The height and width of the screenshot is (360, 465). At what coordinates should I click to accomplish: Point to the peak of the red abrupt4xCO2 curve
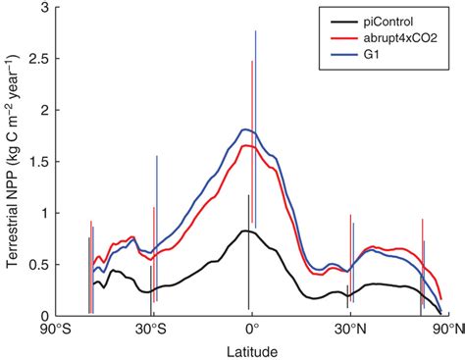[x=247, y=146]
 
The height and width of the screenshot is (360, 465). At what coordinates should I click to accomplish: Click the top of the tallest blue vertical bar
[x=255, y=30]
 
